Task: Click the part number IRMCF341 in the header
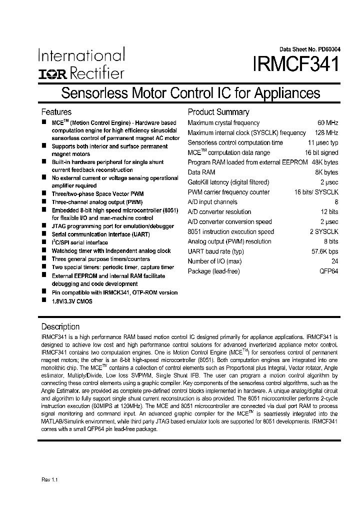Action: point(296,65)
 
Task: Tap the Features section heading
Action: point(56,112)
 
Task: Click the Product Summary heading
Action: point(218,112)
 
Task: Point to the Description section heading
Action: point(60,326)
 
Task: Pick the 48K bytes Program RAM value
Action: point(324,162)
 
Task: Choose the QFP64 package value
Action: point(329,271)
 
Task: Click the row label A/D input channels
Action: point(212,202)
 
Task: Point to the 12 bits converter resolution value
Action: point(328,212)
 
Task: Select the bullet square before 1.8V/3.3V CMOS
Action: point(44,301)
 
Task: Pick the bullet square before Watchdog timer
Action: point(44,250)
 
